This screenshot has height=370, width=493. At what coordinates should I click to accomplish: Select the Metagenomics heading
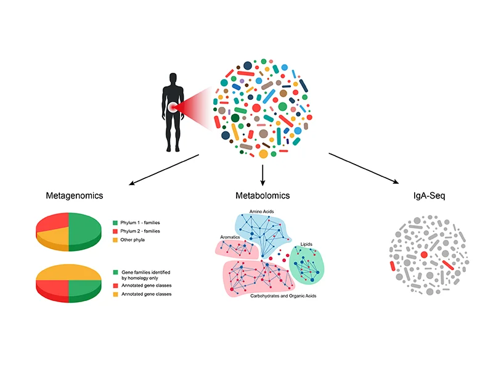tap(74, 195)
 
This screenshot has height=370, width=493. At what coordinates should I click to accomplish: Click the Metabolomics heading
tap(263, 195)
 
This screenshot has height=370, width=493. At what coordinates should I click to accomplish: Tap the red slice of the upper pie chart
tap(54, 223)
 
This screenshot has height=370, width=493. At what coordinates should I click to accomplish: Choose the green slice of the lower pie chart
tap(83, 288)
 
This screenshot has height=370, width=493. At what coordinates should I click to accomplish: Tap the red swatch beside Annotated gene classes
tap(115, 286)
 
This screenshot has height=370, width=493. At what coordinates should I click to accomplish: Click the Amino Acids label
tap(261, 212)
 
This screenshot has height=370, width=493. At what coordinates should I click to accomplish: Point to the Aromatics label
tap(230, 237)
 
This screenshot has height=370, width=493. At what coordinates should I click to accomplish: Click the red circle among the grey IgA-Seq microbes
tap(423, 254)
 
